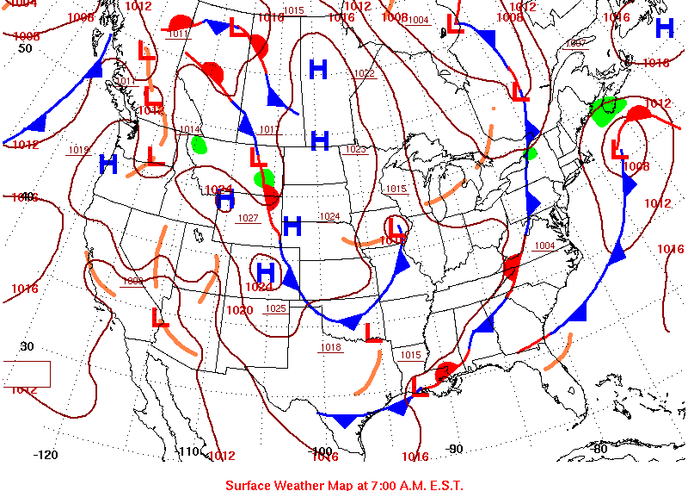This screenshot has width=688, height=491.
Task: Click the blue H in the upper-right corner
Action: [664, 28]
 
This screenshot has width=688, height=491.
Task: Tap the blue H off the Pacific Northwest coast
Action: [108, 164]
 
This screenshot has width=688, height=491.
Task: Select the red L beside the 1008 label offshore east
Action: [617, 150]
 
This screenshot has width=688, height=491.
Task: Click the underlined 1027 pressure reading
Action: [248, 218]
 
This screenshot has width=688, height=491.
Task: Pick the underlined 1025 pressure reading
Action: [275, 308]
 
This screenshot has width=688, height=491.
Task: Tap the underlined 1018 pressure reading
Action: [330, 348]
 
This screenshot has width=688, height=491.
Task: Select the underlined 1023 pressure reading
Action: [355, 150]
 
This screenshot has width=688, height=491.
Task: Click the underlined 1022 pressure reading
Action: [364, 73]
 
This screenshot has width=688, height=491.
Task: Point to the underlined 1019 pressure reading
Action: [79, 151]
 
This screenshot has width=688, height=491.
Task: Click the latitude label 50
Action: [25, 48]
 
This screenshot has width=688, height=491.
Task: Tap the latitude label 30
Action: [27, 346]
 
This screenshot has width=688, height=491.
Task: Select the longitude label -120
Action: [45, 455]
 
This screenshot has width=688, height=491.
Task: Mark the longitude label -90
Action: [454, 449]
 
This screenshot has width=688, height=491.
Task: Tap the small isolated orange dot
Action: [493, 109]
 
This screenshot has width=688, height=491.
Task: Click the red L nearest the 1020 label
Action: [160, 317]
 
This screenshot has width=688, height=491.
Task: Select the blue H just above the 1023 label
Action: [320, 140]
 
